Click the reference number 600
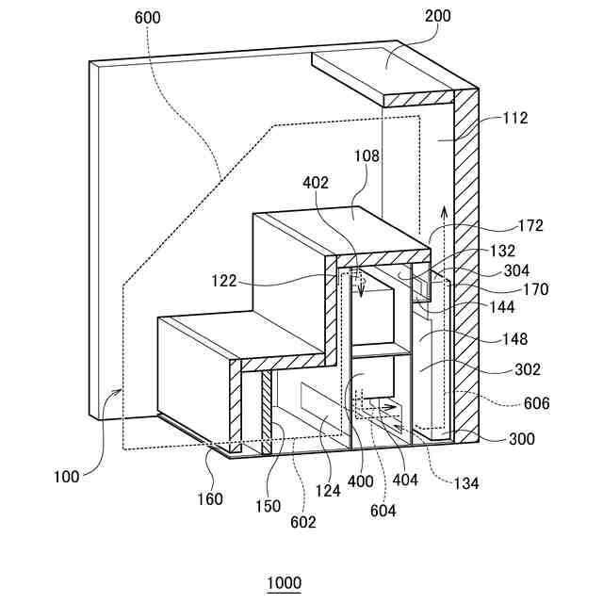tap(148, 17)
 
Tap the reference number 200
tap(438, 17)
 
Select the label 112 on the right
tap(515, 119)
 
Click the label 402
tap(316, 183)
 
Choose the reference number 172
tap(530, 226)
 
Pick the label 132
tap(530, 252)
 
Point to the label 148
tap(515, 339)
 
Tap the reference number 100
tap(67, 477)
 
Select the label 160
tap(212, 499)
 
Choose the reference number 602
tap(304, 522)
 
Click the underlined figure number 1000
tap(285, 583)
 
